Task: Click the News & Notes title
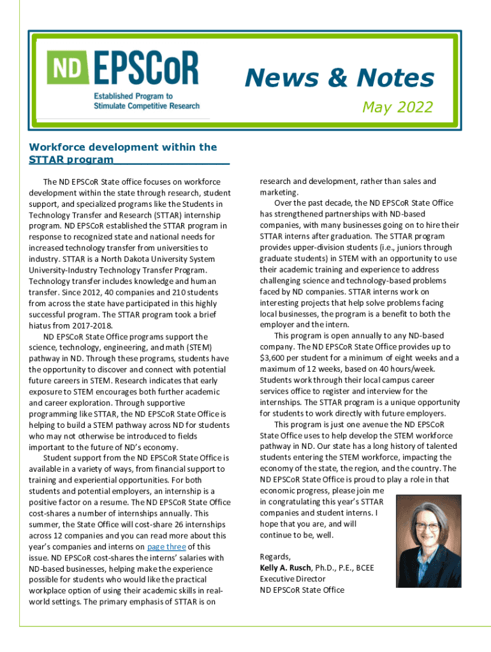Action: coord(339,78)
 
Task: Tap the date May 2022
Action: coord(397,107)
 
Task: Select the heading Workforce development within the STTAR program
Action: coord(122,153)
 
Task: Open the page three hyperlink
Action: coord(166,547)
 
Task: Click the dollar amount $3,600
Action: coord(275,358)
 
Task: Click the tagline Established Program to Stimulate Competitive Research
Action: coord(147,101)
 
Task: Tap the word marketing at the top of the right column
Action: coord(278,192)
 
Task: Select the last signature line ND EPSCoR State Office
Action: coord(302,590)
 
